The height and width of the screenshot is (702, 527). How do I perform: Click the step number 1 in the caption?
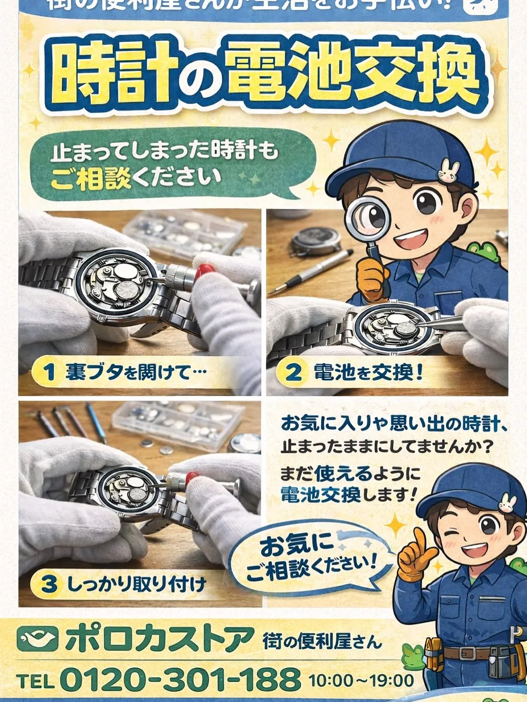click(x=49, y=371)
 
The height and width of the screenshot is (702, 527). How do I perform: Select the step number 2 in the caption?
click(x=293, y=371)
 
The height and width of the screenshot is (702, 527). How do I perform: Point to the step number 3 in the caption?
click(x=49, y=584)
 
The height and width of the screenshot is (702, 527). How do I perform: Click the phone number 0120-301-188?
click(x=180, y=679)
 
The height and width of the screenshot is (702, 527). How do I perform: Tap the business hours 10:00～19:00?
click(x=361, y=680)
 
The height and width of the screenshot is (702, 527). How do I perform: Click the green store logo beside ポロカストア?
click(x=37, y=639)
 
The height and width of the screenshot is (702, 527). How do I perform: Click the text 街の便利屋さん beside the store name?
click(x=322, y=641)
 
